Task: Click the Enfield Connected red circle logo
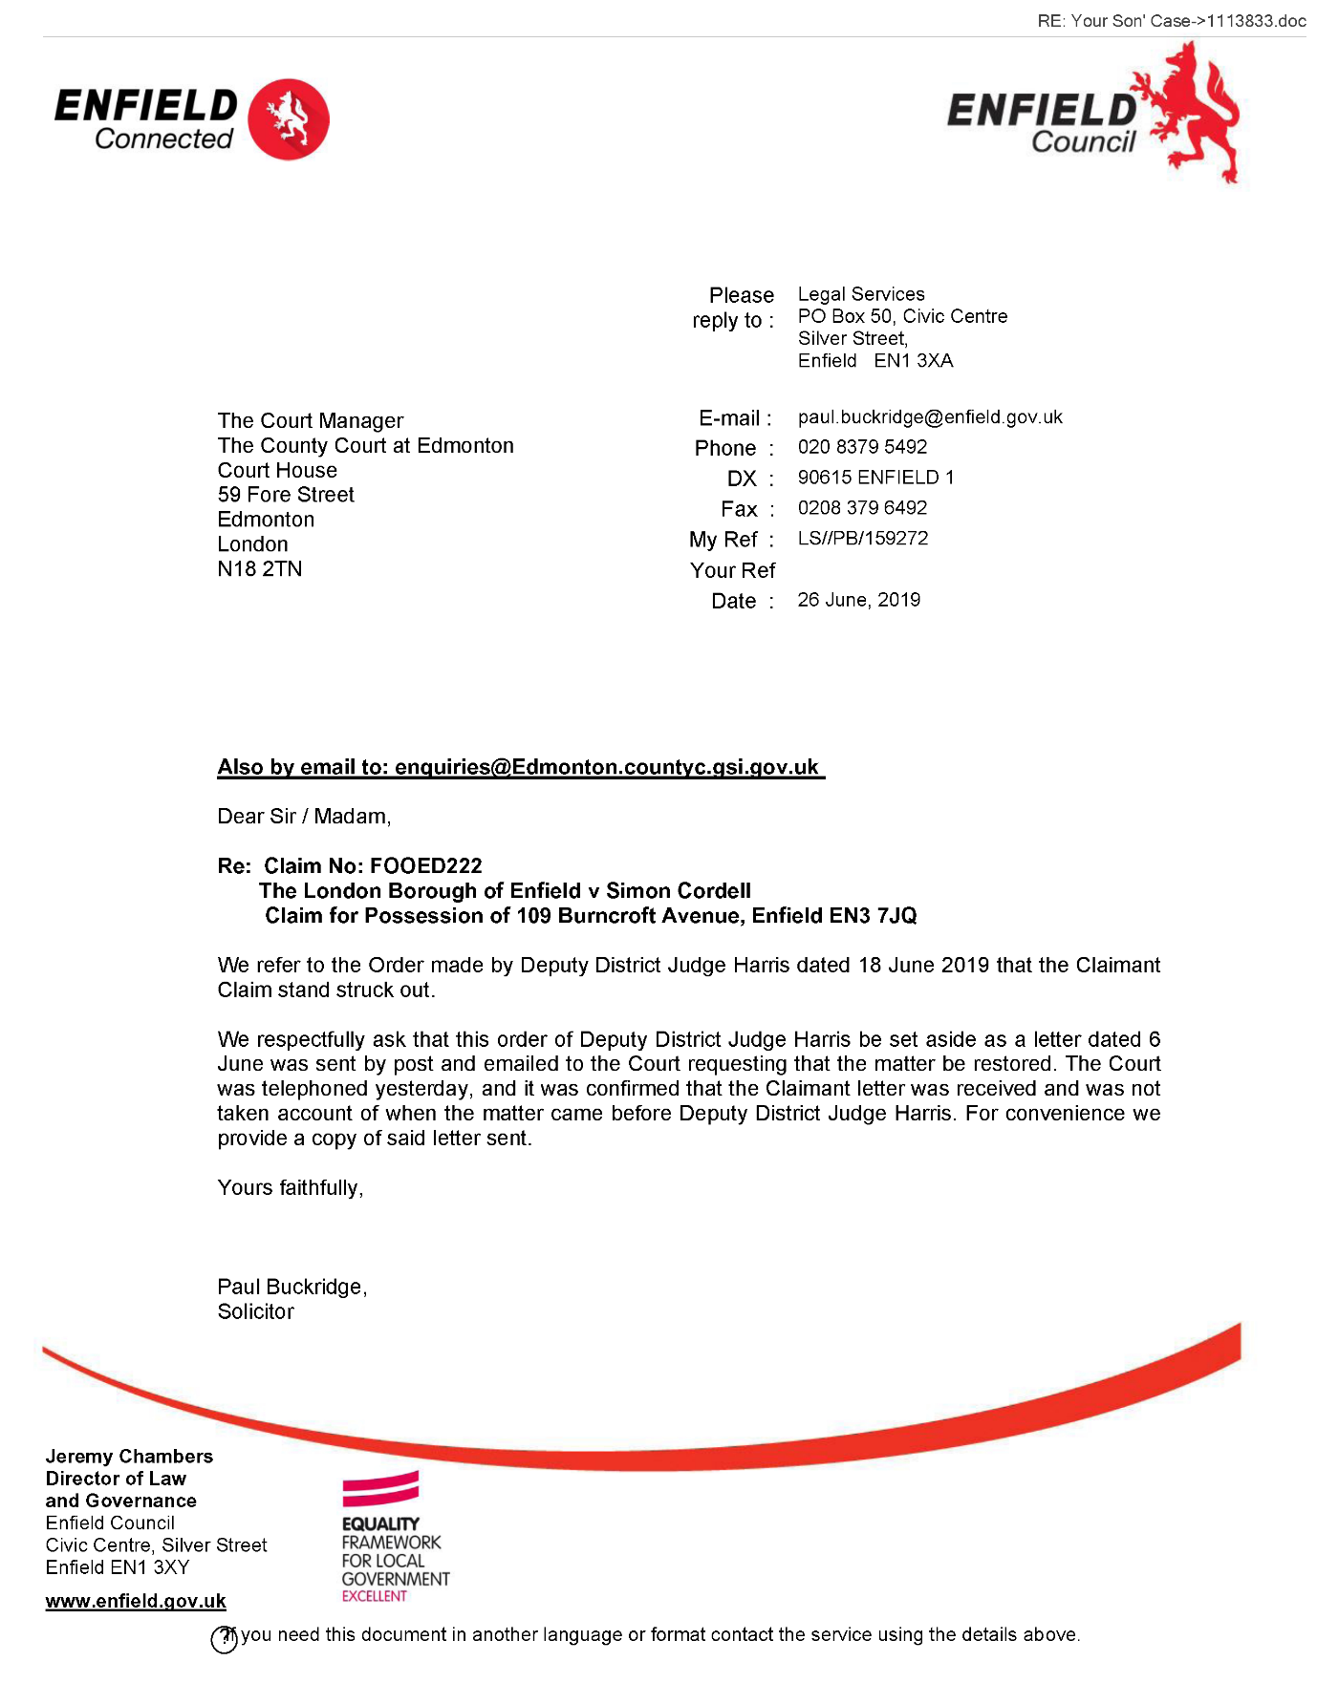tap(289, 119)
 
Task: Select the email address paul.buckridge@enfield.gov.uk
tap(930, 417)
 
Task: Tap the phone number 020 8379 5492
tap(862, 447)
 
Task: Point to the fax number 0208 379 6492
tap(862, 508)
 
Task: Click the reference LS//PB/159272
tap(863, 539)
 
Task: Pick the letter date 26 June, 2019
tap(858, 600)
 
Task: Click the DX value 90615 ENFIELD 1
tap(875, 478)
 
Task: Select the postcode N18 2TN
tap(260, 569)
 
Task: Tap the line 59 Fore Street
tap(286, 495)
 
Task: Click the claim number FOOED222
tap(425, 866)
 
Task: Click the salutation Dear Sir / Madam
tap(304, 817)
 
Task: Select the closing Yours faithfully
tap(290, 1188)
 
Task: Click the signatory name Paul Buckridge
tap(291, 1288)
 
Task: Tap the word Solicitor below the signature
tap(256, 1312)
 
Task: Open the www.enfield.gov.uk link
tap(136, 1601)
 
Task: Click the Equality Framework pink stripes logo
tap(380, 1488)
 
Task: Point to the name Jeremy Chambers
tap(129, 1457)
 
